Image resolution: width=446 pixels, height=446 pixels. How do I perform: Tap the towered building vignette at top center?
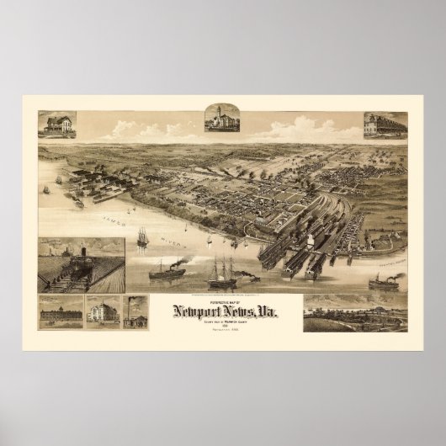click(222, 120)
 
